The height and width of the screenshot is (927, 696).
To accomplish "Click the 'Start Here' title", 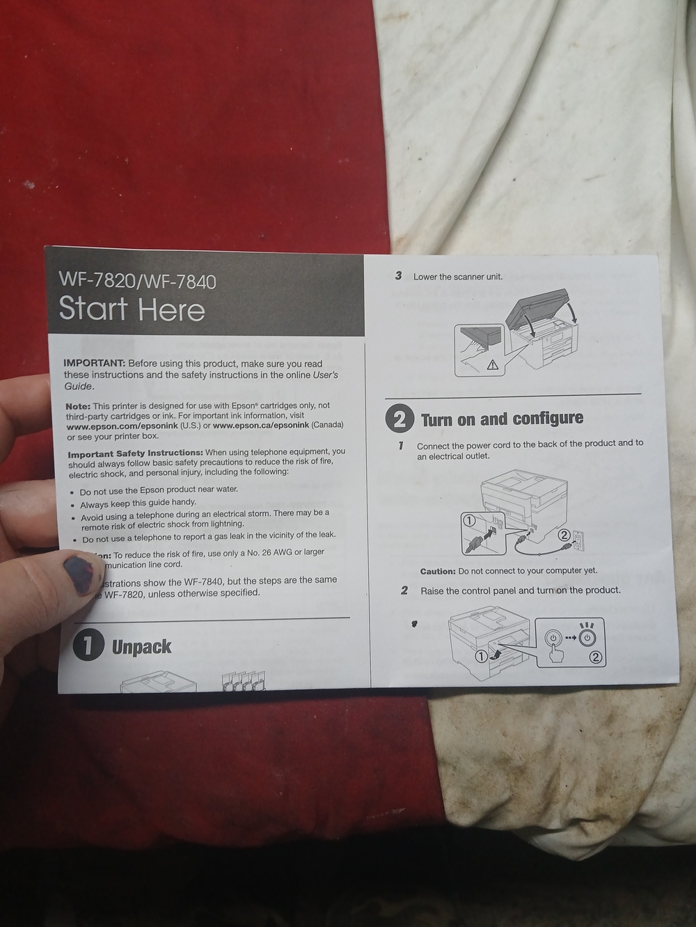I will (132, 309).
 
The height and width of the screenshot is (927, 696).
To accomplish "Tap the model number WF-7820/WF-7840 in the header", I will (137, 281).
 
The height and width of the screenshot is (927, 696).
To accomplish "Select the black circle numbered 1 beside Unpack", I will (89, 646).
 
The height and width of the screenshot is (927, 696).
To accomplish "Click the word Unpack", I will (142, 647).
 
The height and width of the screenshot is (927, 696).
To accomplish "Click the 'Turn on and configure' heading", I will (502, 419).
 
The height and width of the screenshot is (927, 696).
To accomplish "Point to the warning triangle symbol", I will (493, 364).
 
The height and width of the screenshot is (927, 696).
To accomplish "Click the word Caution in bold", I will (438, 571).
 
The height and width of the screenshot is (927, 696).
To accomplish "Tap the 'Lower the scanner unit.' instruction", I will (457, 277).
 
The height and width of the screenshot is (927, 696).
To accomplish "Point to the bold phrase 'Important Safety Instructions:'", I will (135, 453).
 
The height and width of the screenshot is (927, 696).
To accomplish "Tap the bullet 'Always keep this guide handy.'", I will (138, 502).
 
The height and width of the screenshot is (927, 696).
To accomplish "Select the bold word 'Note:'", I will (78, 405).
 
